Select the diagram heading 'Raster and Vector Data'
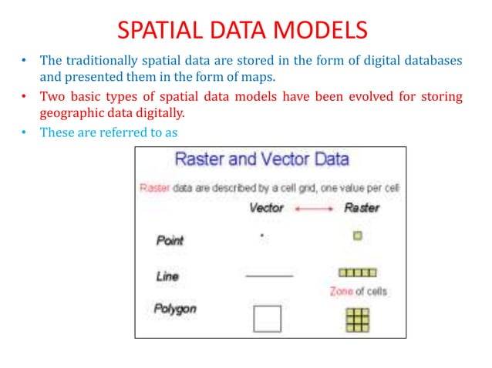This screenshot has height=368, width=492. pyautogui.click(x=262, y=160)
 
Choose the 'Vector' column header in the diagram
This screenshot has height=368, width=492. pyautogui.click(x=266, y=207)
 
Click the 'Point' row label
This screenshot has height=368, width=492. pyautogui.click(x=170, y=240)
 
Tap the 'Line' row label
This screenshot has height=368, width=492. pyautogui.click(x=167, y=275)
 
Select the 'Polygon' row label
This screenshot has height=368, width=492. pyautogui.click(x=175, y=309)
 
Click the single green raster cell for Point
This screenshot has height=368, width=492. pyautogui.click(x=357, y=236)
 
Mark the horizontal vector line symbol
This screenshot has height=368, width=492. pyautogui.click(x=269, y=275)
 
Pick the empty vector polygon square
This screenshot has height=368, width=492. pyautogui.click(x=268, y=318)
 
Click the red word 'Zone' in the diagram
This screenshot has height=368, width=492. pyautogui.click(x=342, y=292)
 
